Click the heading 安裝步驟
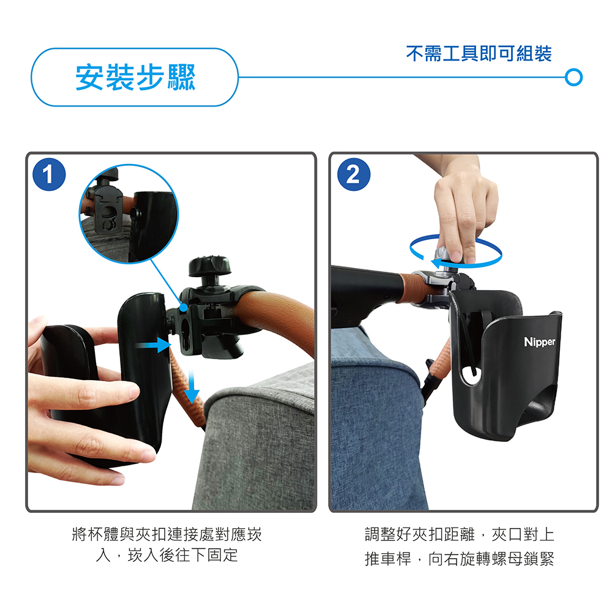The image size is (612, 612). [x=135, y=77]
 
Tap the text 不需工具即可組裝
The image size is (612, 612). [x=479, y=53]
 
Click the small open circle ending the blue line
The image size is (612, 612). [x=574, y=77]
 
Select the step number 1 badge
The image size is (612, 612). [x=49, y=174]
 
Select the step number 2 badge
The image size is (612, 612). [x=354, y=174]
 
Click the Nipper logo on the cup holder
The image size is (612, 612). [x=539, y=342]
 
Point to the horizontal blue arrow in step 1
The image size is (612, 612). [x=153, y=345]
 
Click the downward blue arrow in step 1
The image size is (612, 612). [x=191, y=387]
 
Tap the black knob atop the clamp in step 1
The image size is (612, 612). [x=209, y=266]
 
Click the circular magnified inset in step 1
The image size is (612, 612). [x=129, y=214]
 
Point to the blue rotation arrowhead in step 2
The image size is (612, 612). [x=439, y=263]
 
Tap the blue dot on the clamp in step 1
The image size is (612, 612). [x=184, y=307]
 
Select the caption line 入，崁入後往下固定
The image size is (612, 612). [x=167, y=554]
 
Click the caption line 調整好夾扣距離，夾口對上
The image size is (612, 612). [x=460, y=534]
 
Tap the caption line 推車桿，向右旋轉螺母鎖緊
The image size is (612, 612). [x=460, y=559]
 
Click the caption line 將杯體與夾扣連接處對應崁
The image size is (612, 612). [x=167, y=534]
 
